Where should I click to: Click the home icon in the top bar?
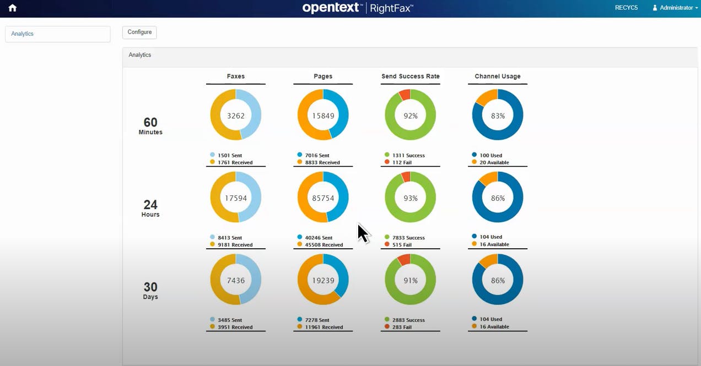(x=12, y=8)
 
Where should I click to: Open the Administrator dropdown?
(x=675, y=8)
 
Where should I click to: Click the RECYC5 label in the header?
(x=626, y=8)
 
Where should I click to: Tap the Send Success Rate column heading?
(x=410, y=77)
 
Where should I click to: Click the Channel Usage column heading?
(x=497, y=77)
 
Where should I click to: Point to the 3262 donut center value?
(x=235, y=116)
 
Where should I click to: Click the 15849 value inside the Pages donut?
(x=323, y=116)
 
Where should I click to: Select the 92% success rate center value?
(x=410, y=116)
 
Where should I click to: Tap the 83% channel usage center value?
(x=497, y=116)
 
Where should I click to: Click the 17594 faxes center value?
(x=235, y=198)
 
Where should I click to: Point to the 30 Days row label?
(x=150, y=291)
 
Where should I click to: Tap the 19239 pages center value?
(x=323, y=280)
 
